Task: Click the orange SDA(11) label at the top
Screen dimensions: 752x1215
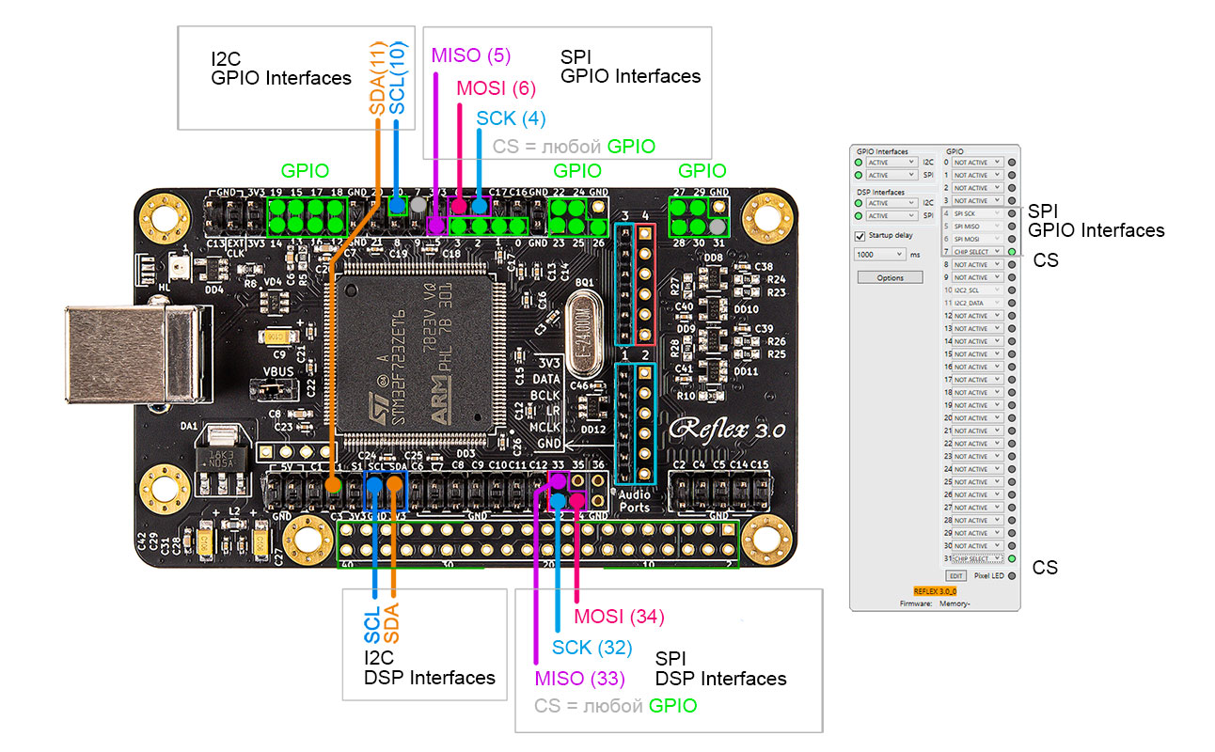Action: pos(377,78)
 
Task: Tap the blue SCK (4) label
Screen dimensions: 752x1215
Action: pos(510,118)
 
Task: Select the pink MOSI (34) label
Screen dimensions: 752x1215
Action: pos(619,617)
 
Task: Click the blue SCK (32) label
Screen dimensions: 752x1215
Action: pos(592,647)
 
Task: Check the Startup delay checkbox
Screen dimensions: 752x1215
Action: pos(859,236)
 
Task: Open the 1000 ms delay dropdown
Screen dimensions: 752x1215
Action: pos(879,255)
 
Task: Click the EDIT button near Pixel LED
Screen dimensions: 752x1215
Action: pos(955,575)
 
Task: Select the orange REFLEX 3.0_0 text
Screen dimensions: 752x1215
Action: pos(934,590)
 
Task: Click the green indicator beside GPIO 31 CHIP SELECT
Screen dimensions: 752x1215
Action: pos(1012,558)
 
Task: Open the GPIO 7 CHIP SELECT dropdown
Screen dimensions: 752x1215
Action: pos(977,252)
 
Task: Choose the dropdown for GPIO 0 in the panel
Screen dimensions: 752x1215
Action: pos(977,163)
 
